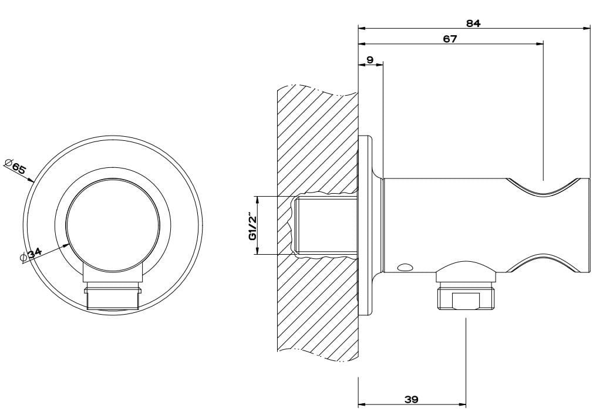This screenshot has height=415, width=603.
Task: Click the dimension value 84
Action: tap(473, 23)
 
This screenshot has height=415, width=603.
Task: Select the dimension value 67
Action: tap(450, 39)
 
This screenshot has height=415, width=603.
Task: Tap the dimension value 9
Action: tap(369, 60)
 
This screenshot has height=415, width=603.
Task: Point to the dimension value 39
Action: tap(411, 400)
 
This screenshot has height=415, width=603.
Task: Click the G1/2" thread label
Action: tap(252, 226)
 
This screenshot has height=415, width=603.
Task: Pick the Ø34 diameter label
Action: tap(30, 255)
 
